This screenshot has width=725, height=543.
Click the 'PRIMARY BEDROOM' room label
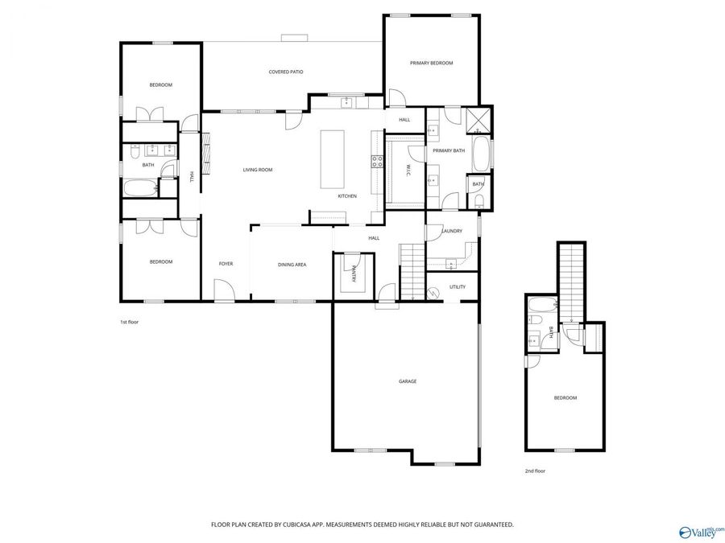pos(431,63)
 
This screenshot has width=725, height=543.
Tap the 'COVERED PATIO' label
pos(286,72)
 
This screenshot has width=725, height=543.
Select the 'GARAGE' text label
pos(408,381)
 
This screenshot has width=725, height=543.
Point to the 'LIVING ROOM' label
pos(258,170)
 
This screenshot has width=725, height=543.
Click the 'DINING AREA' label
pos(292,264)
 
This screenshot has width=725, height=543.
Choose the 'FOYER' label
pos(226,264)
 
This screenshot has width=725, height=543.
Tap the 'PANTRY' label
pos(354,276)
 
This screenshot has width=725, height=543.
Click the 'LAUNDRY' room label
pos(452,231)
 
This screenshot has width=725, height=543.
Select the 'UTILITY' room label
pos(458,286)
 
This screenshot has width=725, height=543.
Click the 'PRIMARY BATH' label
pos(449,150)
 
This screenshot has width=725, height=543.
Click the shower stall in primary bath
pos(481,121)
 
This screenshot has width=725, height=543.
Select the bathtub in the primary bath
pos(481,154)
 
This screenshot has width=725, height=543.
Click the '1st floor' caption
pos(130,322)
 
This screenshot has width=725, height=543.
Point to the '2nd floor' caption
pos(535,471)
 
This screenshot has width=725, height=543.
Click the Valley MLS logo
pos(701,531)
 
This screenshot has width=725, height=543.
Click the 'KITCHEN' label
pos(346,196)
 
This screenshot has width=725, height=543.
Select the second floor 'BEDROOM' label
pos(565,398)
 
